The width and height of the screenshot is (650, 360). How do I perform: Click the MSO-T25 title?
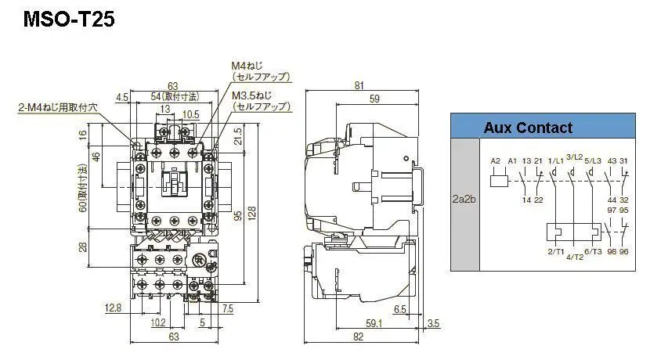(69, 19)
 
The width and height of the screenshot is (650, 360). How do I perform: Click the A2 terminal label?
(495, 160)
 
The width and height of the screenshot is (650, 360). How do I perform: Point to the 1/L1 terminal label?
(555, 160)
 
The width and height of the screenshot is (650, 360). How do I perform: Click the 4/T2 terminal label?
(575, 257)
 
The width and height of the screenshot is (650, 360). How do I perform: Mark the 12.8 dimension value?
(113, 308)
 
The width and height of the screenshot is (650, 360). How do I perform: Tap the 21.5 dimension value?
(237, 135)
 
